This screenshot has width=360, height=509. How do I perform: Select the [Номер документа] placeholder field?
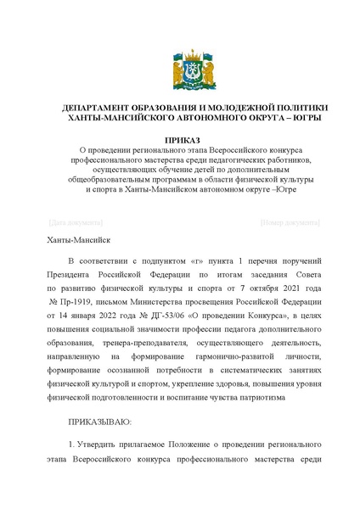pyautogui.click(x=290, y=222)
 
